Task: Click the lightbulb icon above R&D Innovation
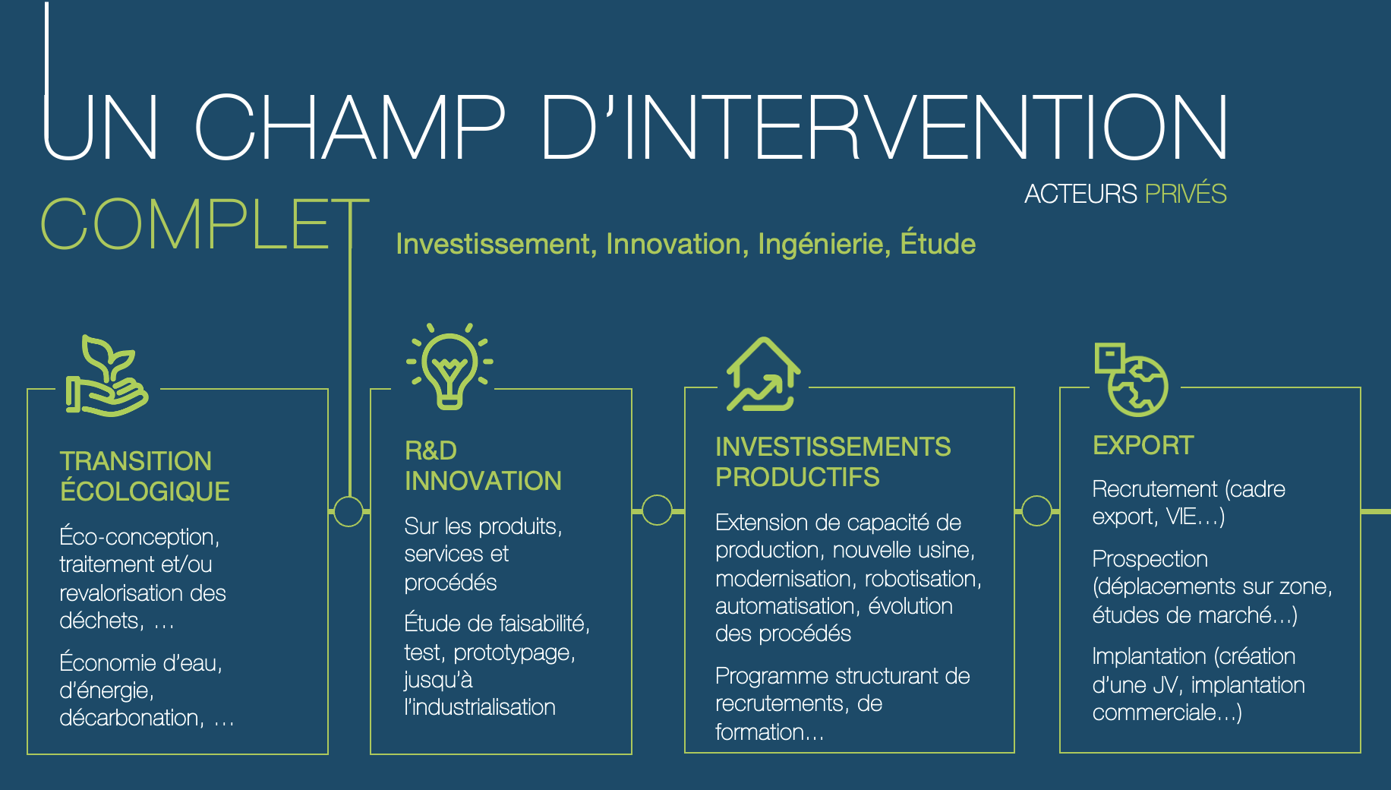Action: (450, 366)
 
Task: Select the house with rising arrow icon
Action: (763, 374)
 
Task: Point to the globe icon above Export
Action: (1131, 379)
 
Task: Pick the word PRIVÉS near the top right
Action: (1185, 194)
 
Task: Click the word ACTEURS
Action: (1080, 194)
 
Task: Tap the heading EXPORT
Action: (1143, 445)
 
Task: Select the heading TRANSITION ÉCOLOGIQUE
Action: (144, 476)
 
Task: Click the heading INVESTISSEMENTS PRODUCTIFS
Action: (833, 462)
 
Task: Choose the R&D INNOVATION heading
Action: (483, 466)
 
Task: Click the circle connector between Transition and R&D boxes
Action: (349, 511)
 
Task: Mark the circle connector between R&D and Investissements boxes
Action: (657, 510)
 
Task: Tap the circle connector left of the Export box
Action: (1036, 510)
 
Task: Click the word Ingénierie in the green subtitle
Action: (824, 245)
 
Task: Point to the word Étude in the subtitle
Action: (938, 244)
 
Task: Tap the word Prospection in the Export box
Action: (1150, 560)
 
